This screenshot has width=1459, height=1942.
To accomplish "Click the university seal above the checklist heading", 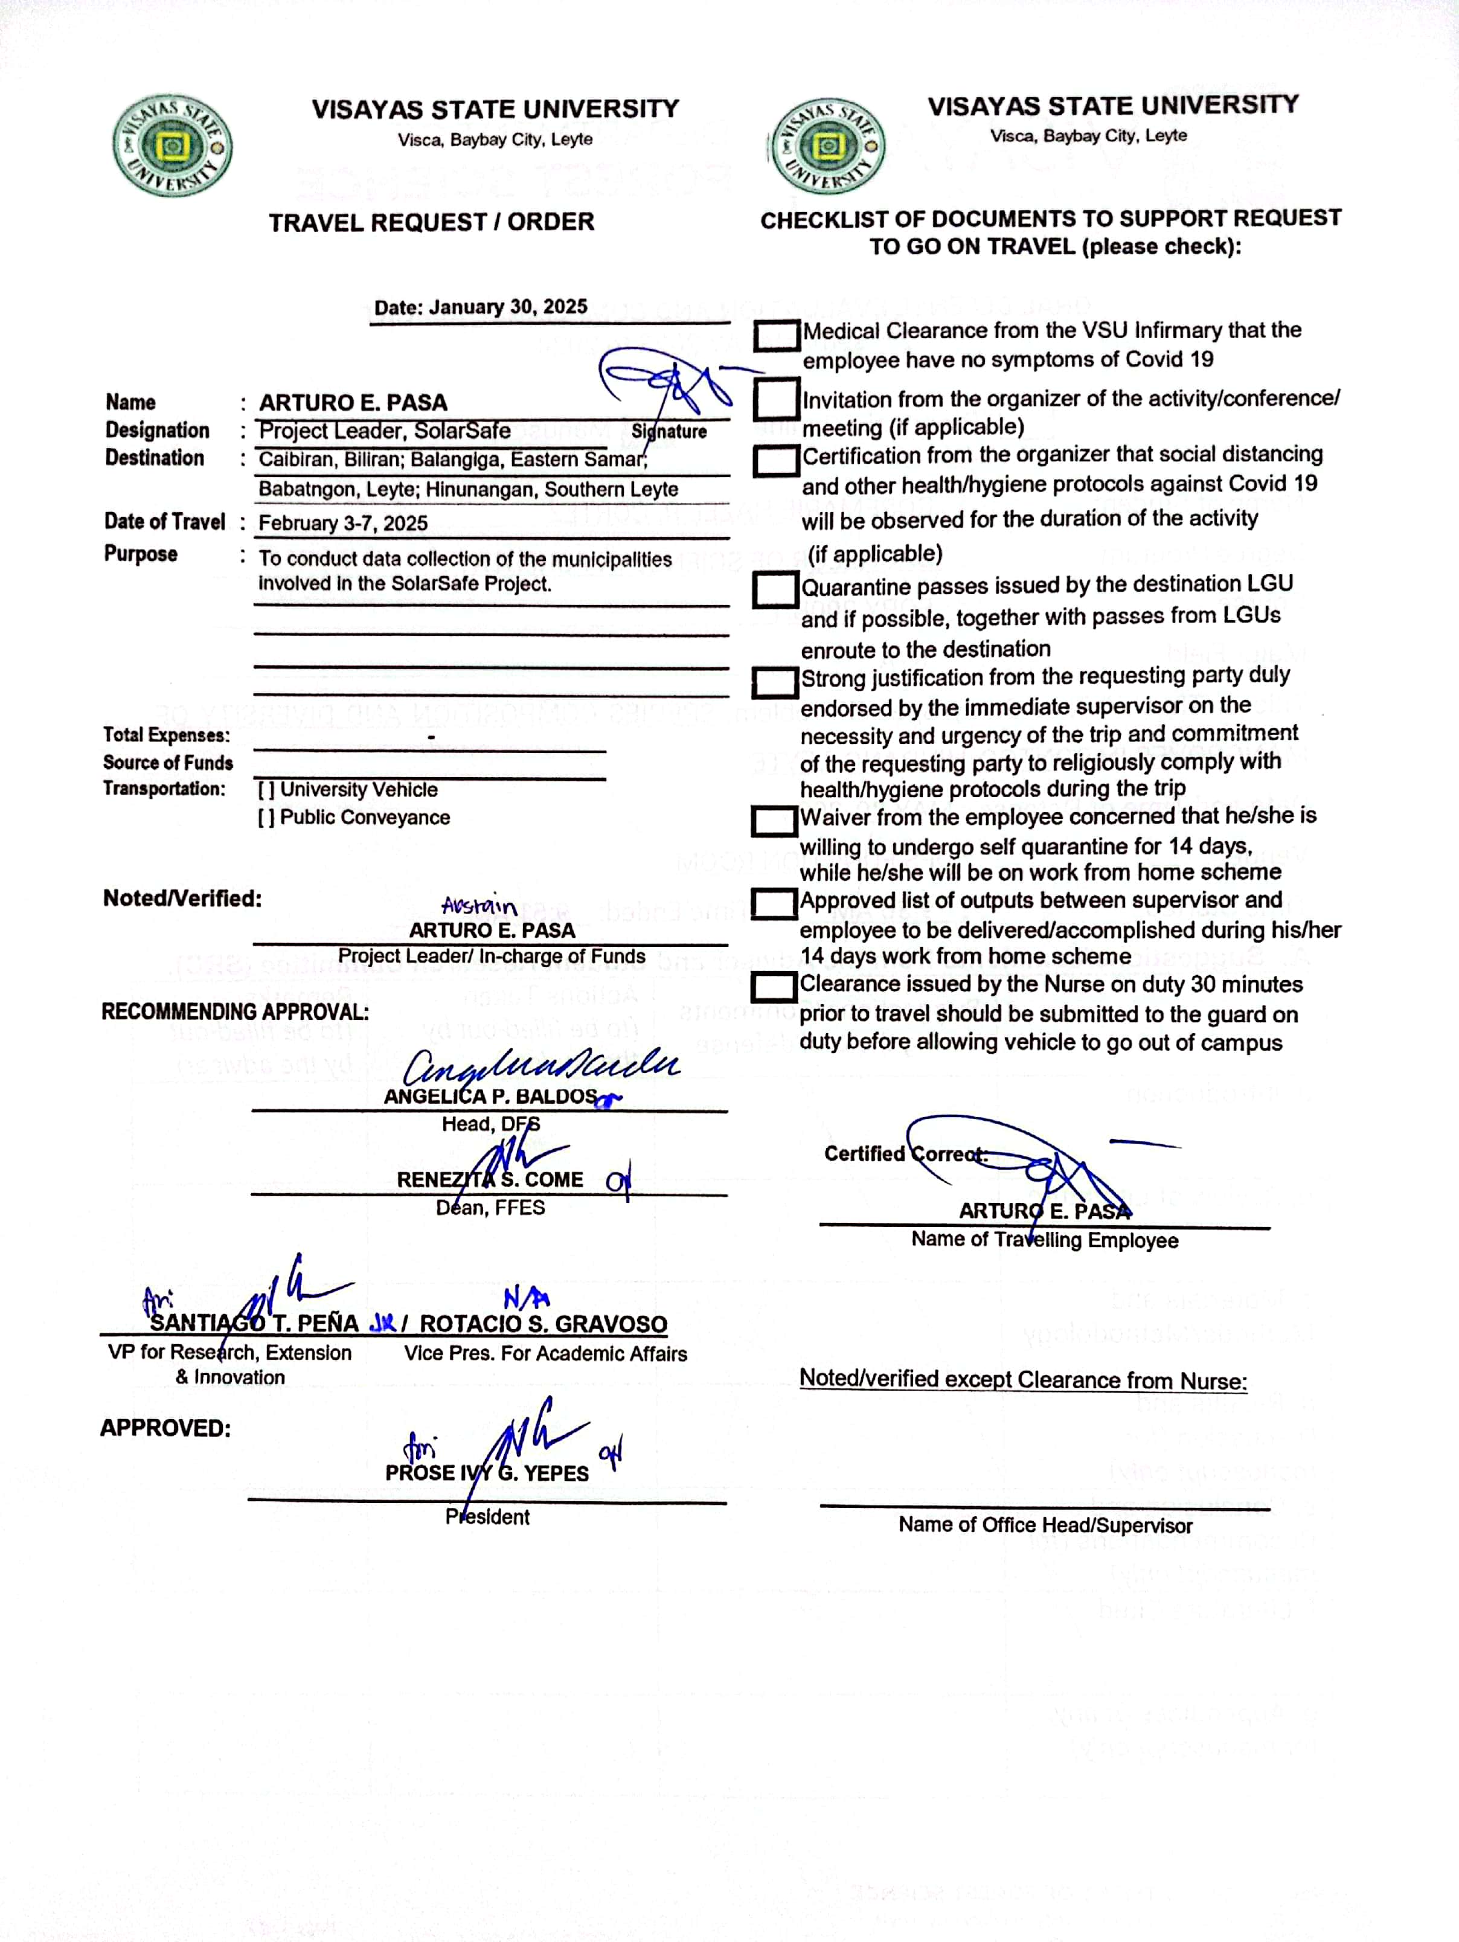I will click(x=826, y=146).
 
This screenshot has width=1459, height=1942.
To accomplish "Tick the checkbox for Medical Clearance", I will click(x=776, y=335).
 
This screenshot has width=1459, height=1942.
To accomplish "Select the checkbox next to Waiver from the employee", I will click(x=774, y=821).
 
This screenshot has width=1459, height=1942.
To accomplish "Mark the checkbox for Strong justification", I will click(x=774, y=681).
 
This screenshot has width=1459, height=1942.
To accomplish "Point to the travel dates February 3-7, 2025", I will click(x=343, y=524).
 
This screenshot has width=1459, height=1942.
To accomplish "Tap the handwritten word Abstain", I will click(x=478, y=905).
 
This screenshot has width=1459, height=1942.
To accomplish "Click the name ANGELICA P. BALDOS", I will click(x=490, y=1097).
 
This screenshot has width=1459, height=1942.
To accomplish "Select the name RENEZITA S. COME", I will click(x=490, y=1180).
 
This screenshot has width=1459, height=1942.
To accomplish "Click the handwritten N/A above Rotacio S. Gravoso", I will click(x=527, y=1298).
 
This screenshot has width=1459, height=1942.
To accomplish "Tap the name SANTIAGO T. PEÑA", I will click(x=254, y=1323).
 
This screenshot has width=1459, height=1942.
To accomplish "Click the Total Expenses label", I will click(x=167, y=735).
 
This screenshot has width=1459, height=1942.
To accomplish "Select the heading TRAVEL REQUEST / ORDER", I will click(x=431, y=222).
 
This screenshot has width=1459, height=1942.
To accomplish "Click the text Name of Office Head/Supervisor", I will click(x=1045, y=1525).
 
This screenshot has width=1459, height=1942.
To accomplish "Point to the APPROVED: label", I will click(x=165, y=1428).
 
